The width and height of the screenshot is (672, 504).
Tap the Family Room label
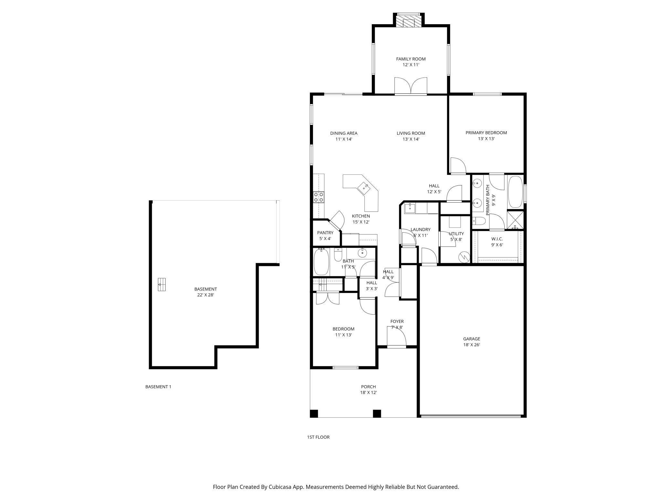pyautogui.click(x=411, y=59)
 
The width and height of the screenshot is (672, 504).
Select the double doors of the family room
pyautogui.click(x=411, y=86)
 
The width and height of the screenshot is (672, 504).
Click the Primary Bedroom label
pyautogui.click(x=486, y=133)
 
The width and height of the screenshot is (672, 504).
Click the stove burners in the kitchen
pyautogui.click(x=319, y=197)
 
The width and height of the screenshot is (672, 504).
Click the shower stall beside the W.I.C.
pyautogui.click(x=515, y=220)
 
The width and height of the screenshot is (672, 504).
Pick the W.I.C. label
pyautogui.click(x=497, y=239)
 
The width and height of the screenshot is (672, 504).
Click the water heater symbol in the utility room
pyautogui.click(x=464, y=257)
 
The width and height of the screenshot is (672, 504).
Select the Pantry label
pyautogui.click(x=325, y=233)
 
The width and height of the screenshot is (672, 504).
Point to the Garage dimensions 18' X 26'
pyautogui.click(x=472, y=345)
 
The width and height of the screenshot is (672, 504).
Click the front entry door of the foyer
pyautogui.click(x=396, y=337)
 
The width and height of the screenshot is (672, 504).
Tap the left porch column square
pyautogui.click(x=314, y=414)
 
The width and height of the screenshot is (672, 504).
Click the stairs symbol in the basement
pyautogui.click(x=162, y=285)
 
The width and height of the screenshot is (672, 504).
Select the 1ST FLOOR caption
pyautogui.click(x=318, y=437)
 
